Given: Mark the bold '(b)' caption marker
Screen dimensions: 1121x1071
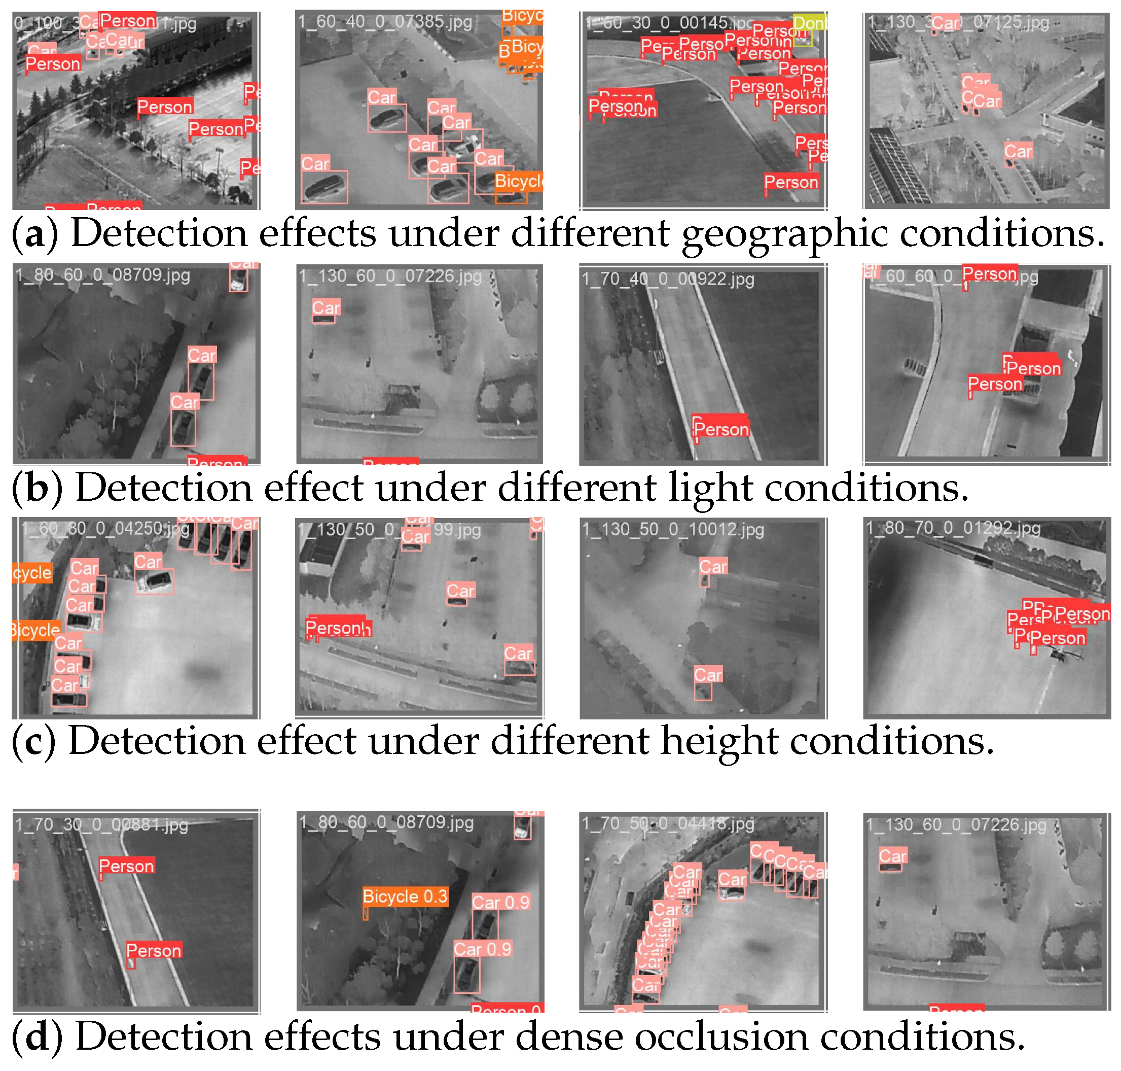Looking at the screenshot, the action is point(38,488).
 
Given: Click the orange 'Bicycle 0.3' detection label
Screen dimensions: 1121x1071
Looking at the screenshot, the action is point(405,896).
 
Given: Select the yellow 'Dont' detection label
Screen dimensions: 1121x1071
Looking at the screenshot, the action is point(810,23).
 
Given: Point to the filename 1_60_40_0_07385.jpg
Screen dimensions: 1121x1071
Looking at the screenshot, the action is point(385,22).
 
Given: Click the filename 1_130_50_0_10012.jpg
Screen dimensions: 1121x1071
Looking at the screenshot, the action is point(673,529).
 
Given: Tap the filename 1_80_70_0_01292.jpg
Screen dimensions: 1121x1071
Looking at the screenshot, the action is point(953,528).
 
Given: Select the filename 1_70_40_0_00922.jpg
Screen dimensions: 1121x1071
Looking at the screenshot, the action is point(667,279).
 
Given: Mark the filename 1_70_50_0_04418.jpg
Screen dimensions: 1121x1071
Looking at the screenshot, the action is point(667,823).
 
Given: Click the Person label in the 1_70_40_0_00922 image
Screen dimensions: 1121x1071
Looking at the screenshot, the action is point(720,429).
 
